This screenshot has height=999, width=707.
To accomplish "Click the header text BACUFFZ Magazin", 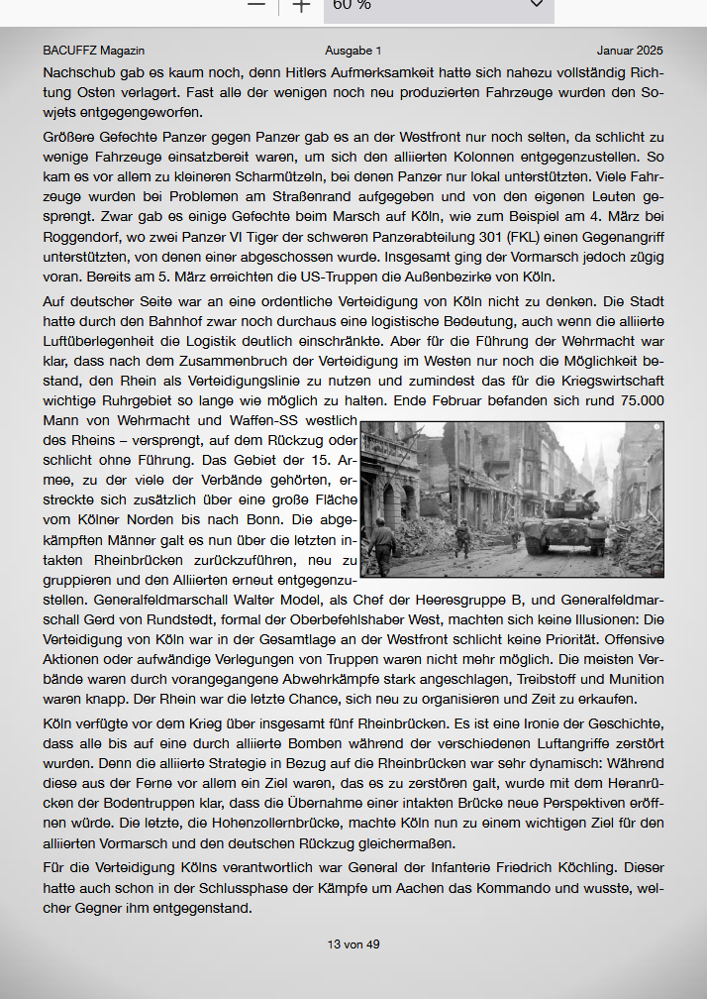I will [94, 50].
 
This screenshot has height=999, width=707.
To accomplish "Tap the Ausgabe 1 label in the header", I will [353, 50].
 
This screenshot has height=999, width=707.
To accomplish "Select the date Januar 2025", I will [630, 50].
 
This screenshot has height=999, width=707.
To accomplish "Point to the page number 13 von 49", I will [353, 944].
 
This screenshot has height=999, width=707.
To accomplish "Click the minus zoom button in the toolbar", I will [256, 5].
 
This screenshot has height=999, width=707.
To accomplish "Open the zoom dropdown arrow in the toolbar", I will [537, 5].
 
